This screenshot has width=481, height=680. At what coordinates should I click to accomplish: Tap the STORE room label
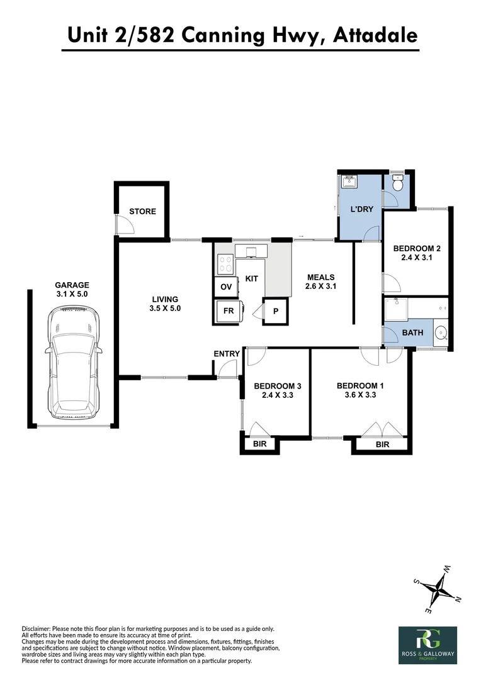pos(142,212)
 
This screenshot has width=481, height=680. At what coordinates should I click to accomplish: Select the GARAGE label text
pos(72,285)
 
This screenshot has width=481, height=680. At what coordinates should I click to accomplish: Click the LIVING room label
pos(165,299)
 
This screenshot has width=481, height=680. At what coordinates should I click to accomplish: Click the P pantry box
pos(275,312)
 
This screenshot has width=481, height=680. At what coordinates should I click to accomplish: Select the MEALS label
pos(320,278)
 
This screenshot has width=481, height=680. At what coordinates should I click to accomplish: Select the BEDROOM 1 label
pos(360,386)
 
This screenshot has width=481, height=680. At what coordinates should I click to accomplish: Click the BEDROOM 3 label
pos(277,386)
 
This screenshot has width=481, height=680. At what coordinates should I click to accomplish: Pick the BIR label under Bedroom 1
pos(382,445)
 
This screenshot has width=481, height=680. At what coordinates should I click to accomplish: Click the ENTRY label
pos(227,354)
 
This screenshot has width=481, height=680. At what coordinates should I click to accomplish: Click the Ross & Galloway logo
pos(427,645)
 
